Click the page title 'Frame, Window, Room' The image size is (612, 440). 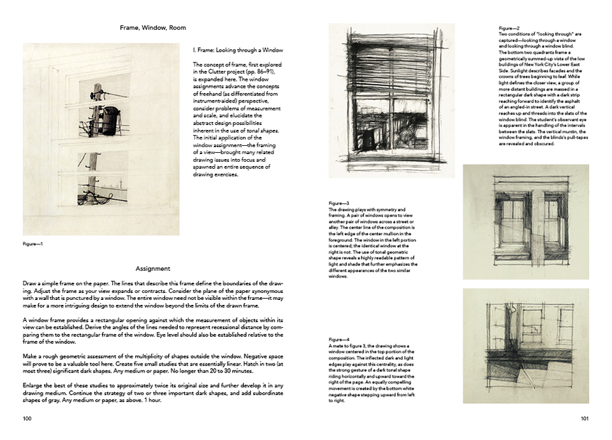(152, 28)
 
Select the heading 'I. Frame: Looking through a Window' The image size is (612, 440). (237, 50)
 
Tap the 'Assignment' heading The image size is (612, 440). (152, 269)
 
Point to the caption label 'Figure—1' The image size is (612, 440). (33, 243)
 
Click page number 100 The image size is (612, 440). (27, 418)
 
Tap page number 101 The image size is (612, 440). (584, 418)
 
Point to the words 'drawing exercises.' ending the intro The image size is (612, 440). (216, 175)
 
